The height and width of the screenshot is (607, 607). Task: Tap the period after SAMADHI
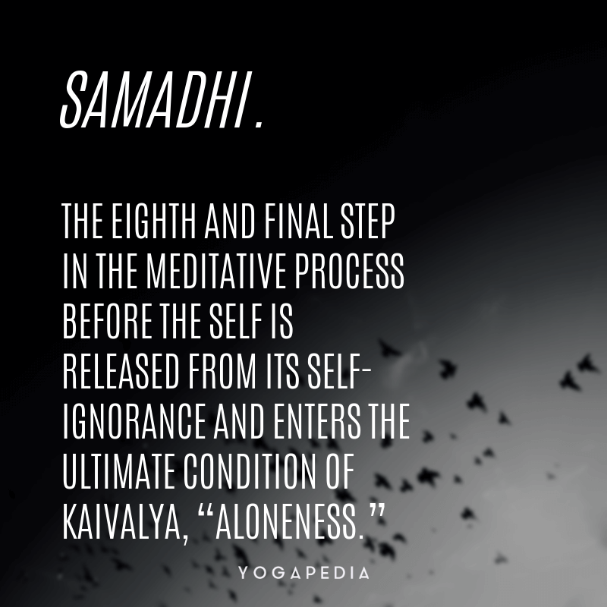point(259,124)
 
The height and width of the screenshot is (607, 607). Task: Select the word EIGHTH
point(154,221)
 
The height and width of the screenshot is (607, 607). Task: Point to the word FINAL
point(298,221)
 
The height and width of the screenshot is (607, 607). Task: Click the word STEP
point(367,221)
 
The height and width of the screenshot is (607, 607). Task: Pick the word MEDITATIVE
point(216,271)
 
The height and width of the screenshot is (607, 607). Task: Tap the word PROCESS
point(349,271)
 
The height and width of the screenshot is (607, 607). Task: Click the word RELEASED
point(121,371)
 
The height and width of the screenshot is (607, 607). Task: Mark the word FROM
point(222,371)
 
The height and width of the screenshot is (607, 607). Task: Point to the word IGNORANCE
point(134,421)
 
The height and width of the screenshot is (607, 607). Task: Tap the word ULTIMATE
point(118,471)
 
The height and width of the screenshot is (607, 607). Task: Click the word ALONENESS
point(290,521)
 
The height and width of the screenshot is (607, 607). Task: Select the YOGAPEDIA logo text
point(303,573)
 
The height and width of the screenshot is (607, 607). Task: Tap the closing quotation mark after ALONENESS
point(377,511)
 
